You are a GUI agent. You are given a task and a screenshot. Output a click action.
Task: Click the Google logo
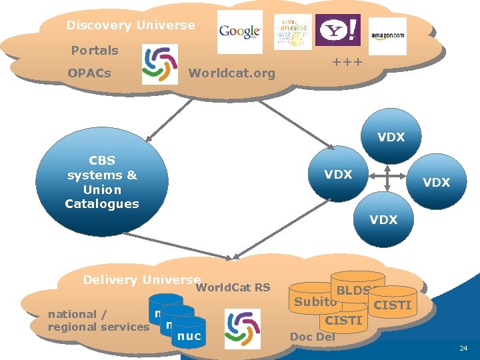(240, 31)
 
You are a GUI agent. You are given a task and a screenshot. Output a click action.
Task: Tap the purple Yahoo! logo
(337, 31)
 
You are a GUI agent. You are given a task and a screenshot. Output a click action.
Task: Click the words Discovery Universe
(131, 25)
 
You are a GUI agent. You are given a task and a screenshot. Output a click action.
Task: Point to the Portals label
(95, 50)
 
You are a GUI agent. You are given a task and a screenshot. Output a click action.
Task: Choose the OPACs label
(89, 73)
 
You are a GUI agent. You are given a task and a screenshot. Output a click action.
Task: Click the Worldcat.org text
(232, 73)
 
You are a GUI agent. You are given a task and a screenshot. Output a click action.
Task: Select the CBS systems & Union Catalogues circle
(102, 182)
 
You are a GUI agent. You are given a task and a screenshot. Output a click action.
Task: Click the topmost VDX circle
(391, 137)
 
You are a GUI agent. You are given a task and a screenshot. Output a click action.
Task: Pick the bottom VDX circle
(383, 219)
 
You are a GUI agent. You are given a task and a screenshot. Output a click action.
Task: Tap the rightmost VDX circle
(437, 182)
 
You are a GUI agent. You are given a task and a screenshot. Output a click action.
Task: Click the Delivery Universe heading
(141, 280)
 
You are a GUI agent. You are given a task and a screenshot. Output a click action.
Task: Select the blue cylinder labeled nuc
(190, 336)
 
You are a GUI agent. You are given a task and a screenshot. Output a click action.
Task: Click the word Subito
(315, 301)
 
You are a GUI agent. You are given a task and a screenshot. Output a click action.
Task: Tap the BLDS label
(353, 290)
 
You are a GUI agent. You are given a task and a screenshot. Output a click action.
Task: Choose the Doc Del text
(313, 337)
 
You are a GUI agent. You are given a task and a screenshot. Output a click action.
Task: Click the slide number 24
(463, 349)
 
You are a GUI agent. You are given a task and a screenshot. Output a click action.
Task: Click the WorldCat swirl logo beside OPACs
(160, 65)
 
